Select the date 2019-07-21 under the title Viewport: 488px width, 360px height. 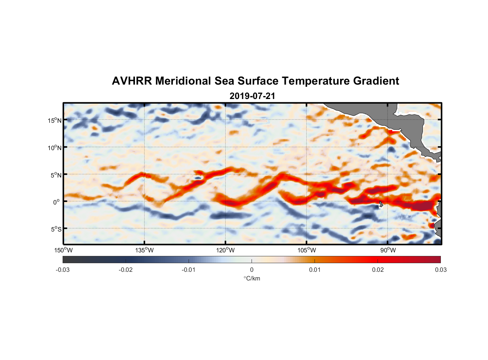click(252, 96)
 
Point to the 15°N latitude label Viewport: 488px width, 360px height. click(55, 121)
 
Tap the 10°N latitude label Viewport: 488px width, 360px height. click(55, 148)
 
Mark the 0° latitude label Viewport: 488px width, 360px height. click(57, 202)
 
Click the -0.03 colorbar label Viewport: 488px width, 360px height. click(63, 270)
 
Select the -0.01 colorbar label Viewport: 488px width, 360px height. click(189, 270)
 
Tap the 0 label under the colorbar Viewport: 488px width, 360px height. click(252, 270)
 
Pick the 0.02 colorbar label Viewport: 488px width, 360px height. click(378, 270)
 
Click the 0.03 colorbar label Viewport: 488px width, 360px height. click(440, 270)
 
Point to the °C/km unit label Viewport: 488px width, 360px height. click(252, 279)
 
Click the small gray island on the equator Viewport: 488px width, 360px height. click(381, 204)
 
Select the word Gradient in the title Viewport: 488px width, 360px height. click(376, 81)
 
